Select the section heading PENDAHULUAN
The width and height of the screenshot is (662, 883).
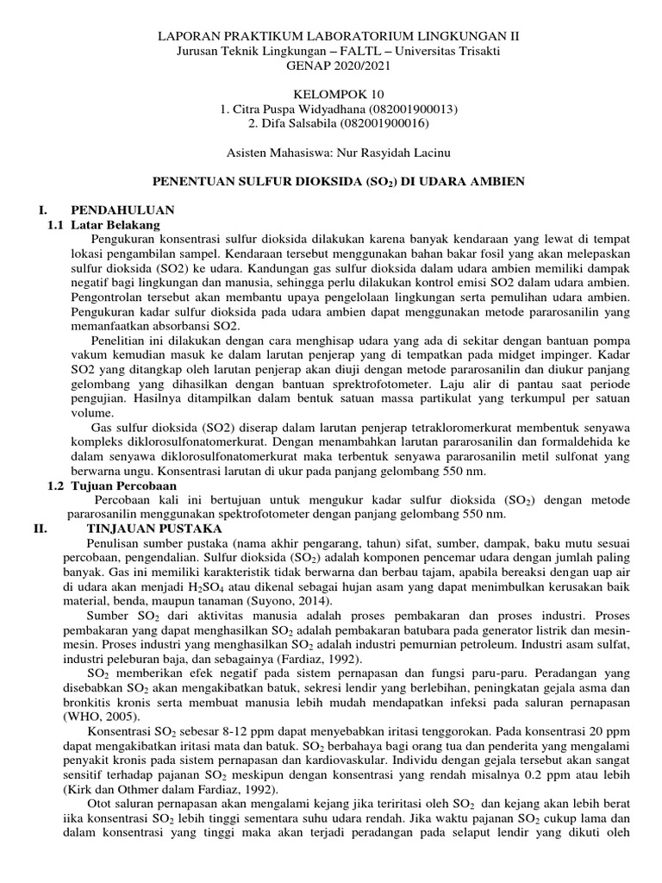(x=122, y=210)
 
